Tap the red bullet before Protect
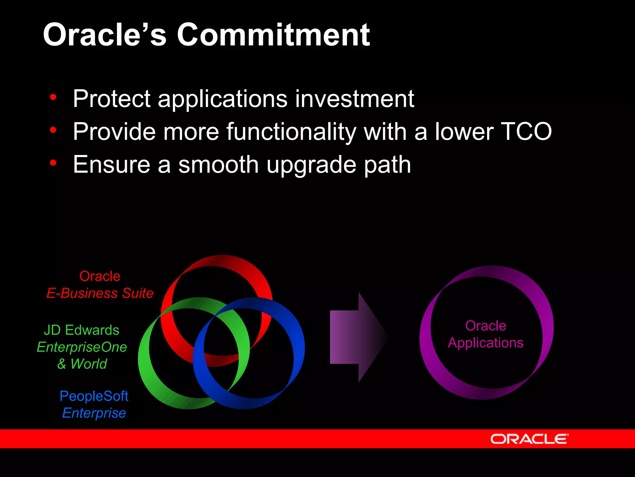pos(53,97)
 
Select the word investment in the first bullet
pos(354,99)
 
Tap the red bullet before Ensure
pos(53,162)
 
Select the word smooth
pos(218,165)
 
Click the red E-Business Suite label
pos(100,293)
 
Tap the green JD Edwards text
pos(81,330)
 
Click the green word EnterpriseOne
pos(82,347)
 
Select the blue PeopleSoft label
pos(94,396)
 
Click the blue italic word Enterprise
pos(94,413)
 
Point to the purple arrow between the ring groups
pos(357,337)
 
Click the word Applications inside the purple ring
pos(486,343)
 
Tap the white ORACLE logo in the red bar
pos(529,439)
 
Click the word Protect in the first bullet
pos(112,99)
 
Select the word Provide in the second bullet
pos(114,132)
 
